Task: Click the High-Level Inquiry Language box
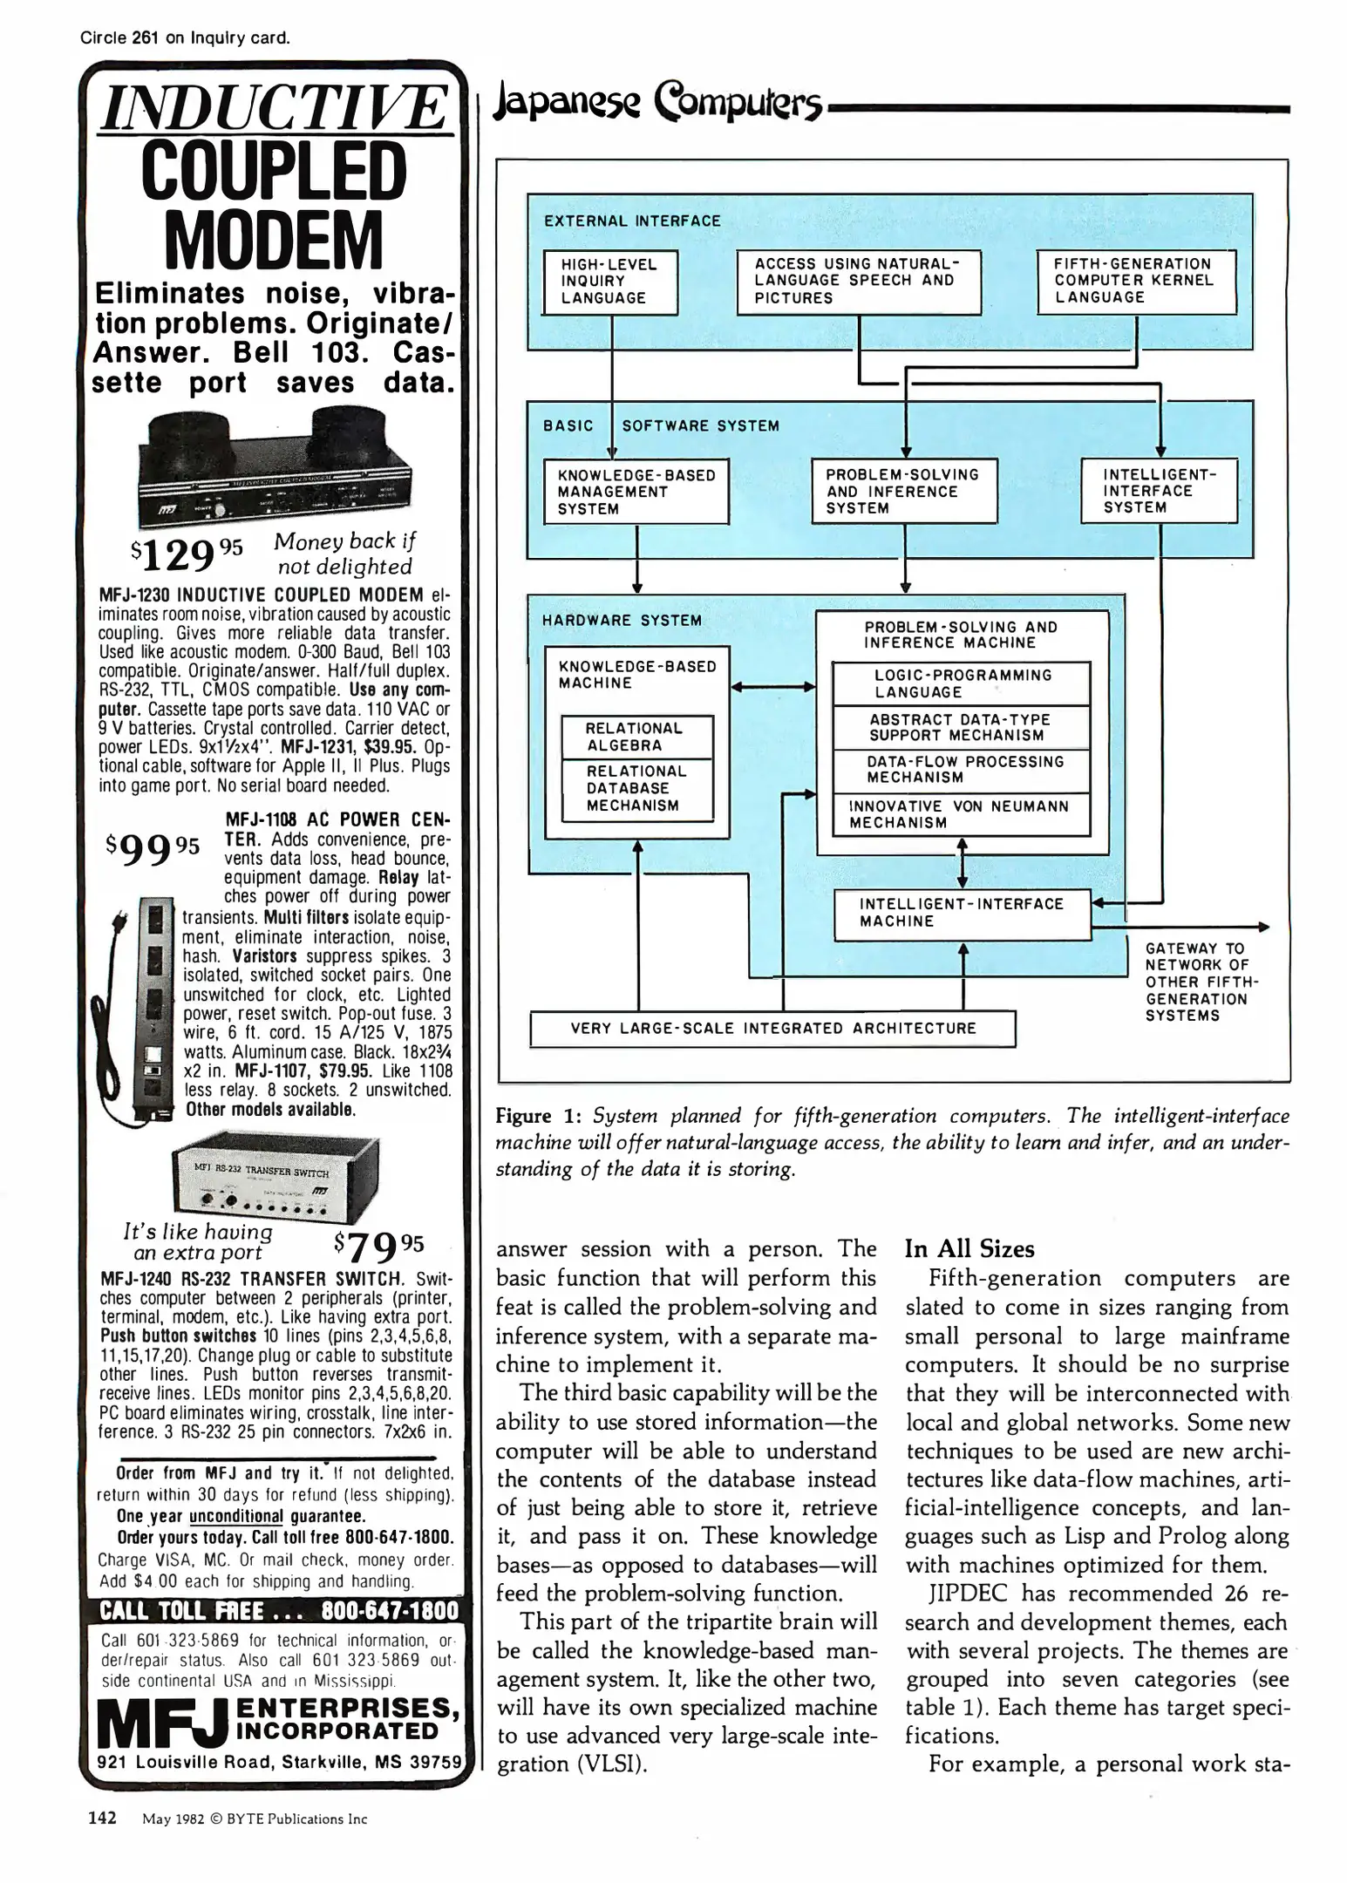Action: click(610, 282)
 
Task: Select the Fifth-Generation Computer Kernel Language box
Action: click(1136, 282)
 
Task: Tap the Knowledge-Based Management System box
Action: click(636, 492)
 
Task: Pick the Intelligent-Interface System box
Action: click(1159, 491)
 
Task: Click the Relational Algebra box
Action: click(636, 737)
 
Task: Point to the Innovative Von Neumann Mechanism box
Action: click(961, 814)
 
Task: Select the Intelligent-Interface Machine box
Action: click(962, 914)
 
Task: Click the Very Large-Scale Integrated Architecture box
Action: click(773, 1029)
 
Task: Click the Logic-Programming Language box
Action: click(962, 683)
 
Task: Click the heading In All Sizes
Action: click(969, 1249)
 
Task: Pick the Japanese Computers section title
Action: click(658, 105)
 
